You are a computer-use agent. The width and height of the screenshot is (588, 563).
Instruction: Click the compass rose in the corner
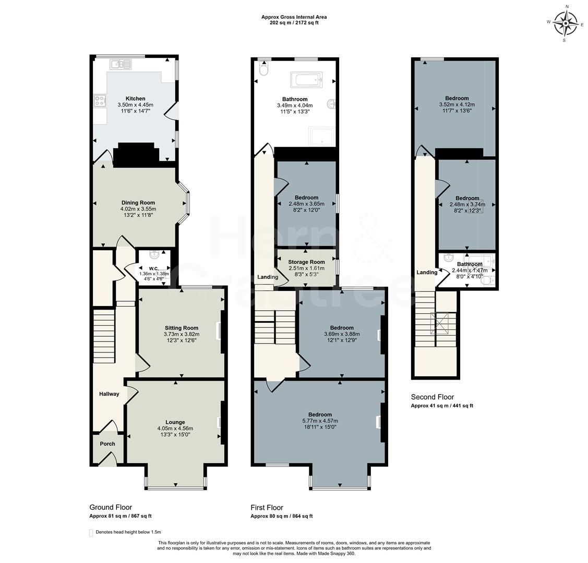(565, 23)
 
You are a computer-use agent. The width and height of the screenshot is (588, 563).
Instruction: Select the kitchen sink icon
(121, 64)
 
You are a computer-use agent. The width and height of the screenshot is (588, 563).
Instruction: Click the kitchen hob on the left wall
(100, 101)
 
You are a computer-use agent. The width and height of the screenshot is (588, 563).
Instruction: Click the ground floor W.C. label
(153, 268)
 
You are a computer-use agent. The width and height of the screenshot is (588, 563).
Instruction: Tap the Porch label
(107, 444)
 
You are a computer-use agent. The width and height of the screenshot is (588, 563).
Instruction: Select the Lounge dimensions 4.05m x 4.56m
(175, 429)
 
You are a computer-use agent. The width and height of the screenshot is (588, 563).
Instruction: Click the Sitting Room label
(182, 328)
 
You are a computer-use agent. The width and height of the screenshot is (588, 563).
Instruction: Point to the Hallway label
(109, 394)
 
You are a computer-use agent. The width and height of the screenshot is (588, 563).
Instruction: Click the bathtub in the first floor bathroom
(307, 80)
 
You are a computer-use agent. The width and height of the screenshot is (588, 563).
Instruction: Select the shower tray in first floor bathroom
(322, 137)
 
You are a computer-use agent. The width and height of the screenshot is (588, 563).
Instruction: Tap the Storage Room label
(307, 262)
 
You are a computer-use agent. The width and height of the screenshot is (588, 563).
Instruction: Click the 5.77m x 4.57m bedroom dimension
(320, 421)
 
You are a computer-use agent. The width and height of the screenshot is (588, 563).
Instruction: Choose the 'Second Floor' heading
(433, 397)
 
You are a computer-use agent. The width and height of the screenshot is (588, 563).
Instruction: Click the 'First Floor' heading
(267, 507)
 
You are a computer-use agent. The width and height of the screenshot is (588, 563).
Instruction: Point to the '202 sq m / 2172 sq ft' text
(294, 23)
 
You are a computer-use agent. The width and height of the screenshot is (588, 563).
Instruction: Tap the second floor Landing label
(427, 272)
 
